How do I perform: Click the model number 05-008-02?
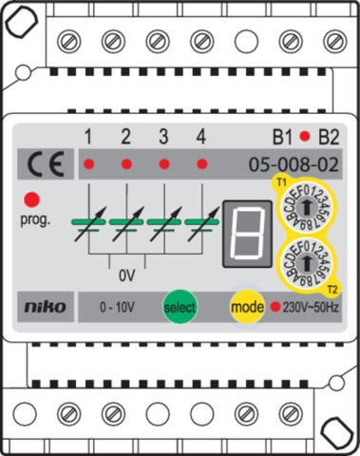click(x=294, y=163)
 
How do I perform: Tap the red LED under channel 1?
click(x=88, y=164)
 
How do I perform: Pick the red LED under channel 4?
click(x=200, y=164)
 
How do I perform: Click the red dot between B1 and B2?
click(x=305, y=135)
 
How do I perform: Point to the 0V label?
click(x=126, y=280)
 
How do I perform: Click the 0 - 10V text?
click(x=118, y=308)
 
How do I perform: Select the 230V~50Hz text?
click(x=310, y=308)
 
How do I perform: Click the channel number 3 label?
click(x=163, y=136)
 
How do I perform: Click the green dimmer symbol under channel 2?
click(x=126, y=225)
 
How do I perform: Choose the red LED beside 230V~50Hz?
click(x=275, y=308)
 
